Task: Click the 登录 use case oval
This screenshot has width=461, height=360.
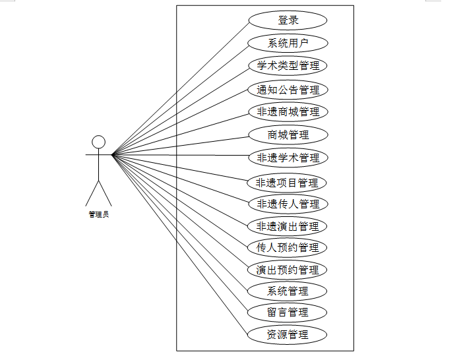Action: pyautogui.click(x=288, y=20)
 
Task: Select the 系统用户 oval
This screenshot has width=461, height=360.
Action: pyautogui.click(x=288, y=44)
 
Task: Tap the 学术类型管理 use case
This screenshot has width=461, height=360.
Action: pyautogui.click(x=288, y=66)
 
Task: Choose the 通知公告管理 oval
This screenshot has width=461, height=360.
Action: pyautogui.click(x=288, y=90)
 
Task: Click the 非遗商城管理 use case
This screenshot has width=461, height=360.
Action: pyautogui.click(x=288, y=112)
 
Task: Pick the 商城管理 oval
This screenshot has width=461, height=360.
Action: pyautogui.click(x=288, y=135)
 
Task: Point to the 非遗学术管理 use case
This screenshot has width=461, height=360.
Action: pyautogui.click(x=288, y=158)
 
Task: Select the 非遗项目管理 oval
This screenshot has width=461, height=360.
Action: pyautogui.click(x=288, y=183)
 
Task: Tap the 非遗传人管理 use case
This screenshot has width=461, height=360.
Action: pyautogui.click(x=288, y=204)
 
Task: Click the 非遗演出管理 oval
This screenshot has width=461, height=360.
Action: pyautogui.click(x=288, y=227)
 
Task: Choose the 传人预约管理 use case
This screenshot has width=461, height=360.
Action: pyautogui.click(x=288, y=248)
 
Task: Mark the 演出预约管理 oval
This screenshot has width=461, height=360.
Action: pyautogui.click(x=288, y=270)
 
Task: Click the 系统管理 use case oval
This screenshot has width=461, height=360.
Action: pyautogui.click(x=288, y=291)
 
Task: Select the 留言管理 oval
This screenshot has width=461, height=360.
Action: pyautogui.click(x=288, y=312)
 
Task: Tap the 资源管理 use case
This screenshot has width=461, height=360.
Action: pyautogui.click(x=288, y=334)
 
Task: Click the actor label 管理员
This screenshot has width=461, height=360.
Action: pyautogui.click(x=98, y=215)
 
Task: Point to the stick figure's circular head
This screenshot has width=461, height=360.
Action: pyautogui.click(x=98, y=142)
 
